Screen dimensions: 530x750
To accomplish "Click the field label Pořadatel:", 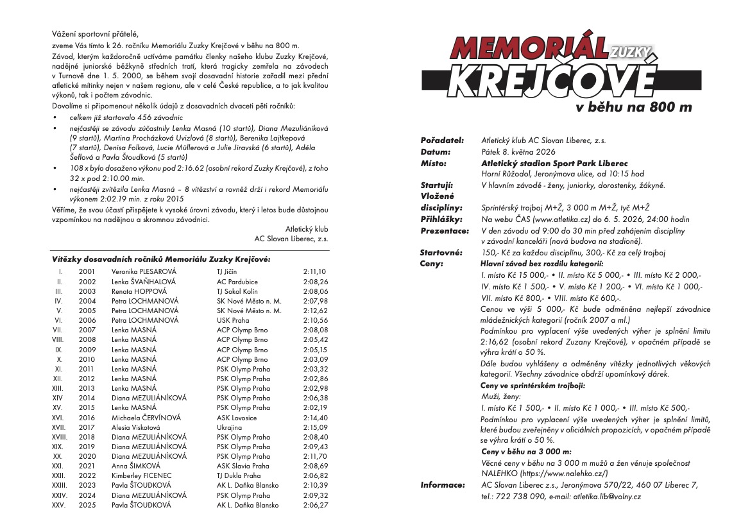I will [x=442, y=140].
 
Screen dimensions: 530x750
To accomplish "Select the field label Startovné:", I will [x=441, y=253].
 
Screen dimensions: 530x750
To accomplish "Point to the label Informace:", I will [x=443, y=485].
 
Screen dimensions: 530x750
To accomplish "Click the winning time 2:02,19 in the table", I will [x=315, y=407].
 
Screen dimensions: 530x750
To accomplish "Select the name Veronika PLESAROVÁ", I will [x=144, y=271].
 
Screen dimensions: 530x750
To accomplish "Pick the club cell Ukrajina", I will [x=230, y=427].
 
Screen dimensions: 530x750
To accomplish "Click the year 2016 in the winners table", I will [x=87, y=418].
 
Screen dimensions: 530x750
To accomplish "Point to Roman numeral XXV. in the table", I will [x=60, y=505].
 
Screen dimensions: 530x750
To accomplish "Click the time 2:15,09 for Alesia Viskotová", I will [x=315, y=427].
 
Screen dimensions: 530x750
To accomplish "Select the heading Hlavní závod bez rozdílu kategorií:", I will [x=541, y=264].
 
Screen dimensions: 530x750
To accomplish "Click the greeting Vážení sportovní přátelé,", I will [x=96, y=33].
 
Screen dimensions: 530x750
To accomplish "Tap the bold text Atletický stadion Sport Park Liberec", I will [x=554, y=164].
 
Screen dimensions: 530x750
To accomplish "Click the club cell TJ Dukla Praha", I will [x=239, y=475].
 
